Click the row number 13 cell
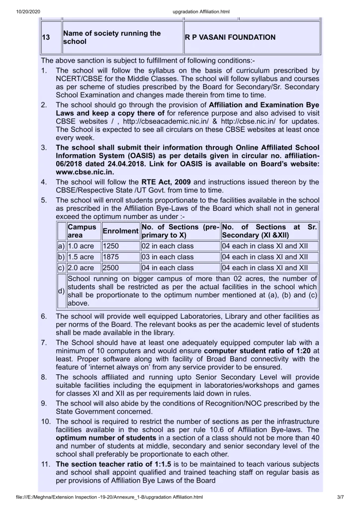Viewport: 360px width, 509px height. point(50,37)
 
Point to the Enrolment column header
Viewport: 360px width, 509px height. point(120,231)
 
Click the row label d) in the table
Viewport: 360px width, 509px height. point(61,291)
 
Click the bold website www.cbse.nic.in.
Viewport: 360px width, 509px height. point(85,172)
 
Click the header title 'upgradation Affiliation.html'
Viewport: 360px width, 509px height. point(180,6)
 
